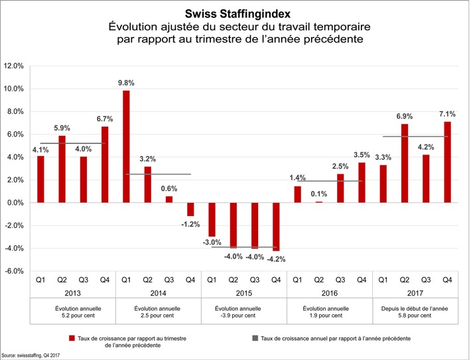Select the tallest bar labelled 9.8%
click(x=126, y=146)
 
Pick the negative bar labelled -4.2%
click(x=276, y=226)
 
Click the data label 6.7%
click(x=104, y=119)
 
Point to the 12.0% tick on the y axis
click(x=14, y=66)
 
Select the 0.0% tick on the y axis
click(x=14, y=203)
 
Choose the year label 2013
click(x=73, y=292)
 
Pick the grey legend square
click(x=255, y=338)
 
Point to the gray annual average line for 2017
click(x=416, y=137)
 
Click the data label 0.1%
click(x=318, y=194)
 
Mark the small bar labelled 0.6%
click(x=169, y=199)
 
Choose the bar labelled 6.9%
click(x=405, y=163)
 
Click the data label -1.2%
click(x=190, y=224)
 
